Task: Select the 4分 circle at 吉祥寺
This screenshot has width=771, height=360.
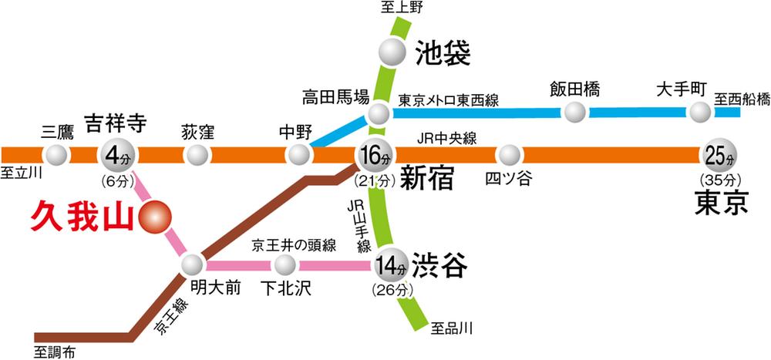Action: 115,156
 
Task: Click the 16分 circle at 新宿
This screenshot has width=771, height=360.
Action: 375,156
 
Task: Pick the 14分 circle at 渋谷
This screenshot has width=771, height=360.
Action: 391,267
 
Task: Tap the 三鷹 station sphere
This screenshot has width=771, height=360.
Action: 56,156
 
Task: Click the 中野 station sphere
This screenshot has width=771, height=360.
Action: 298,156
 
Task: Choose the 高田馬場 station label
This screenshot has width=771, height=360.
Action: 335,97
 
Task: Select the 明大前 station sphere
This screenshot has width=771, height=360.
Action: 192,266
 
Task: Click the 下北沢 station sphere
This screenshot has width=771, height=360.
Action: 285,266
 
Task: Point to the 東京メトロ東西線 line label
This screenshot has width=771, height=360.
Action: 449,100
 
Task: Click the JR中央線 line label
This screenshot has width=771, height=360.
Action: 447,139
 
